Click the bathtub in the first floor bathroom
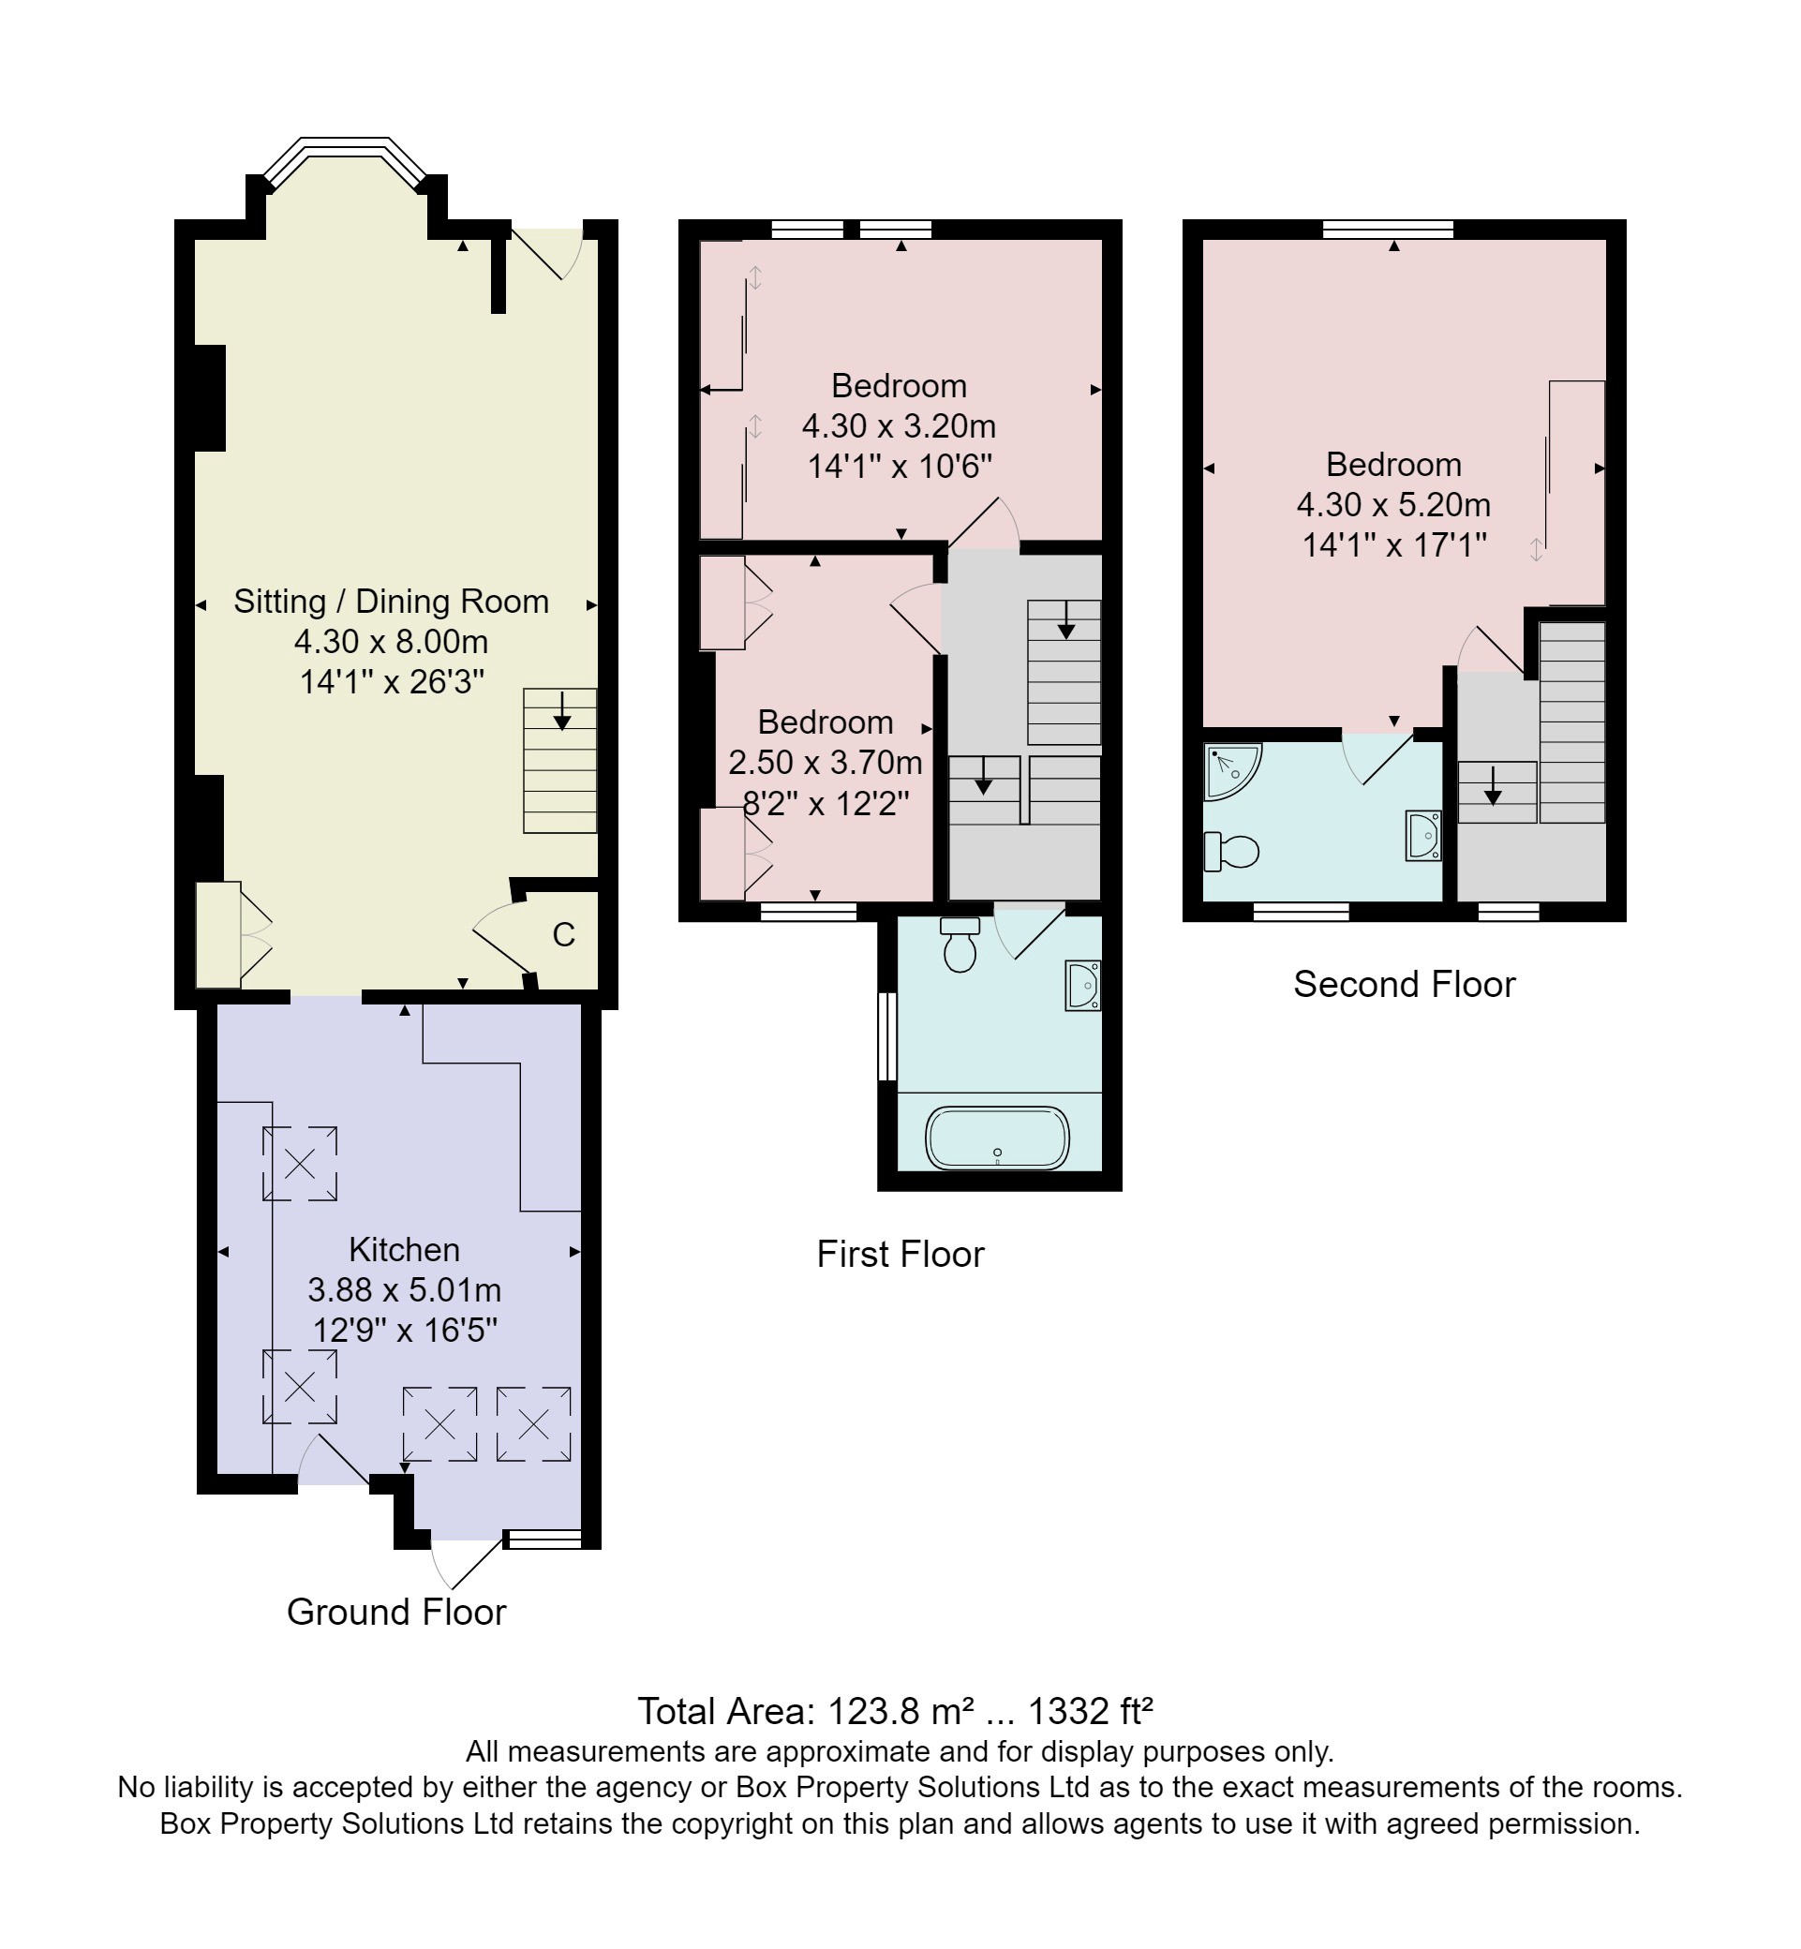pos(997,1138)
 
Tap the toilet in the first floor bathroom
pos(960,945)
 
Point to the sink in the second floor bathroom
pos(1422,835)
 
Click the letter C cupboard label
pos(563,935)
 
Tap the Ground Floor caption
pos(395,1612)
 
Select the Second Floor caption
pos(1404,984)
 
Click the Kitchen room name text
pos(404,1249)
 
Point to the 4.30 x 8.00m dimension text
pos(391,641)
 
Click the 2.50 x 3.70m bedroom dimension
pos(825,762)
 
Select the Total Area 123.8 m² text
pos(895,1710)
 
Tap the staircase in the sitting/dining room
pos(559,760)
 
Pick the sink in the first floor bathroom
pos(1082,985)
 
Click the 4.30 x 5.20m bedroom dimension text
pos(1393,505)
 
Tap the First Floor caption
pos(900,1254)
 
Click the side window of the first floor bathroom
pos(886,1036)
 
